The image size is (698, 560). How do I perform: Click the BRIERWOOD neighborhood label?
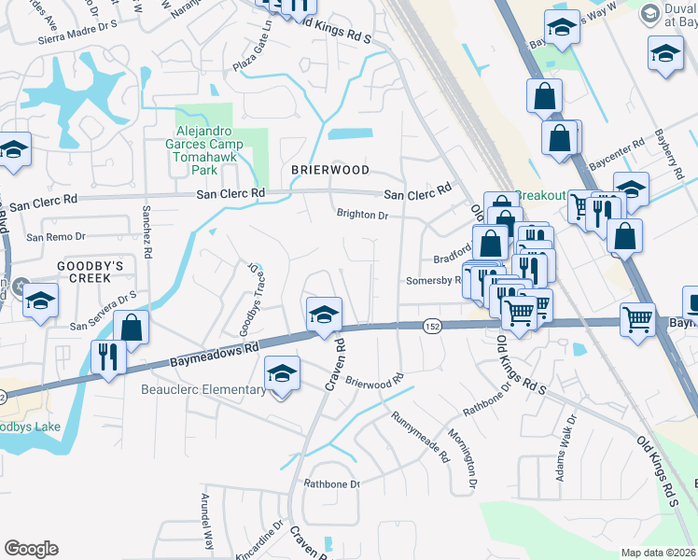click(x=329, y=170)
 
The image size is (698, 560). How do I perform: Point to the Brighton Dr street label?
click(x=362, y=214)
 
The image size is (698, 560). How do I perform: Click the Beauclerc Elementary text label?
click(x=203, y=389)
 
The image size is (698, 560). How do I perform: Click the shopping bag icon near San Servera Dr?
click(x=132, y=328)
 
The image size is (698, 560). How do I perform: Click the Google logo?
click(x=31, y=549)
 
